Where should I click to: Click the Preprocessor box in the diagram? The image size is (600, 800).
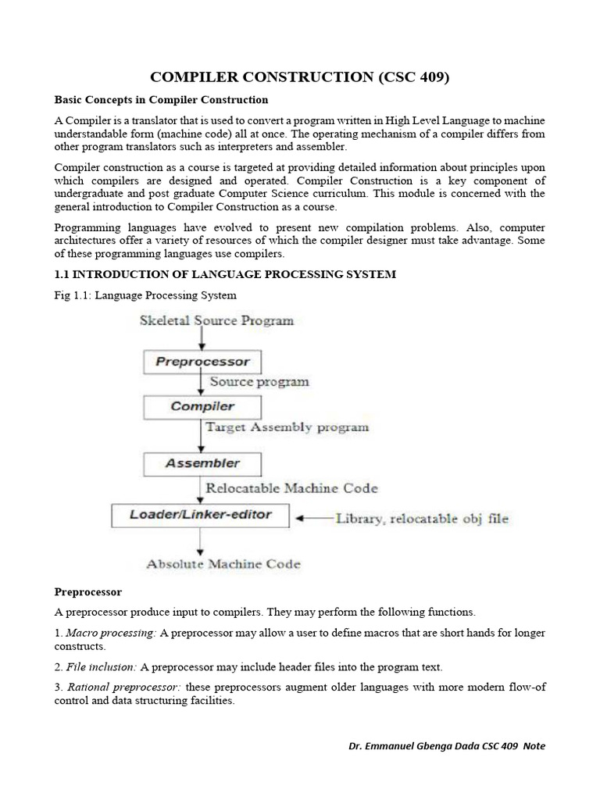pos(202,362)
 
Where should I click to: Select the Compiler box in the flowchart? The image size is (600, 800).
pos(202,406)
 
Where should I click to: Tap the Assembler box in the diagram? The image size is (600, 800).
pos(202,463)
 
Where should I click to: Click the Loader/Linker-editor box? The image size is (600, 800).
pos(201,516)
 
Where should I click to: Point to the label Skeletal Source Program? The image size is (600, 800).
pos(216,320)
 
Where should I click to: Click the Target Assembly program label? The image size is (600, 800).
pos(287,427)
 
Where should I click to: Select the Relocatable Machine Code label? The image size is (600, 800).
pos(291,488)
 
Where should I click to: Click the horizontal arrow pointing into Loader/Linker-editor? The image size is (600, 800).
pos(312,517)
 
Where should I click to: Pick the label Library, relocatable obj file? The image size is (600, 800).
pos(422,518)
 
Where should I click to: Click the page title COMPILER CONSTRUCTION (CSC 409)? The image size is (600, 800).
pos(300,77)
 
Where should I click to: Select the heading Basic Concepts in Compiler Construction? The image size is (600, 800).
pos(161,100)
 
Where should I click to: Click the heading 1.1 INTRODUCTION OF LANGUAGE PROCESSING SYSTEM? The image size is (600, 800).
pos(225,274)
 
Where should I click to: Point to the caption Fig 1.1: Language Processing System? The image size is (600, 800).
pos(145,295)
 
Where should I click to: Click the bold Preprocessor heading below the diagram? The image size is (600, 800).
pos(88,592)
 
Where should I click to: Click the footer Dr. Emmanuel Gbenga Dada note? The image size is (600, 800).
pos(447,746)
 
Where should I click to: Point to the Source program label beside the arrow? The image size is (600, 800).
pos(259,382)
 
